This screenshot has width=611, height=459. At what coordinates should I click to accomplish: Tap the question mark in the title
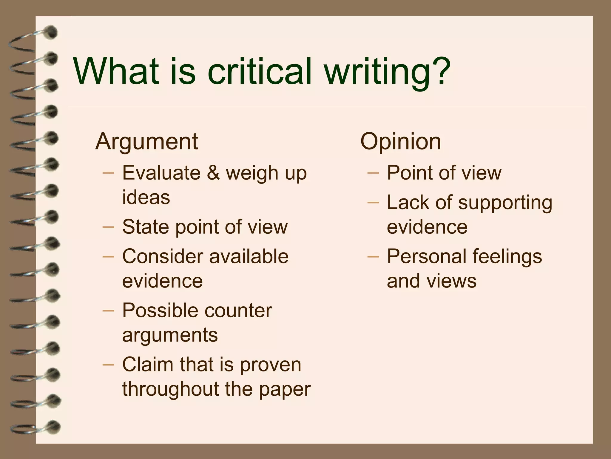(438, 72)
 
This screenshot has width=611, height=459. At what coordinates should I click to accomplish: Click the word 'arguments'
(170, 335)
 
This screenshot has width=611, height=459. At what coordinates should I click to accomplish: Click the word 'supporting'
(505, 203)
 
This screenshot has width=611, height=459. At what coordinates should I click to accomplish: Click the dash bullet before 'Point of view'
(373, 173)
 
